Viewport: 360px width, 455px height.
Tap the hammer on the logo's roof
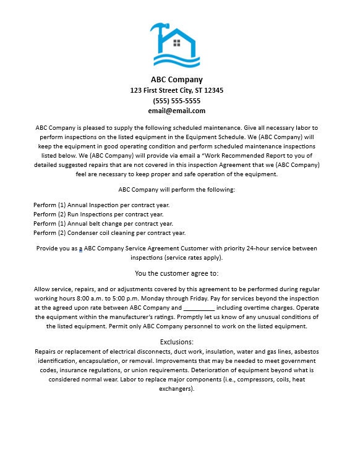[158, 29]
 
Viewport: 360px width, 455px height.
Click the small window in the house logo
[177, 43]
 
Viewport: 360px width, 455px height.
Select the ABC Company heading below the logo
[177, 79]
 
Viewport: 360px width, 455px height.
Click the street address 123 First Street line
[177, 90]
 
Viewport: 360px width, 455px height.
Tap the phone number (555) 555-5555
[177, 101]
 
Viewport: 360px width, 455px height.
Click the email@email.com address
[177, 111]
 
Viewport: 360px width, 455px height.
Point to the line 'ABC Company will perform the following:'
[177, 190]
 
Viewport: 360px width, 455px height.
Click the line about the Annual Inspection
[101, 205]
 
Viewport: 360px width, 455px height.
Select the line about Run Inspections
[98, 215]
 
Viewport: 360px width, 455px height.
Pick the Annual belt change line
[103, 224]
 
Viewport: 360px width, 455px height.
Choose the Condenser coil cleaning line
[109, 233]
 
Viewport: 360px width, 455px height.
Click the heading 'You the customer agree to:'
[177, 273]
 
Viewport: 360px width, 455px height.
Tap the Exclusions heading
[177, 342]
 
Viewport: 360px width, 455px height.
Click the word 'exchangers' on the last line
[176, 389]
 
